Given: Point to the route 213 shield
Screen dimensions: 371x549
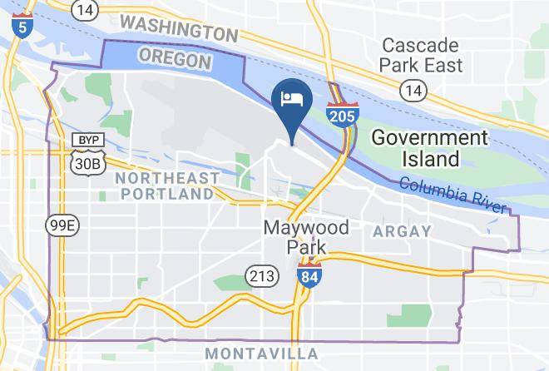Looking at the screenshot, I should (257, 275).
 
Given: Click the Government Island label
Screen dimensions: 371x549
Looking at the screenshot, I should (429, 147).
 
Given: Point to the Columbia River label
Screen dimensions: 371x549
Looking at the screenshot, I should (453, 196).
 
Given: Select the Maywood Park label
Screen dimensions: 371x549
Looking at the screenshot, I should (294, 237).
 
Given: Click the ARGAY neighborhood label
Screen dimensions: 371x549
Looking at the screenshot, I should (402, 230).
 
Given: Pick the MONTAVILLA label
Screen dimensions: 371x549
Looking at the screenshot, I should (261, 354).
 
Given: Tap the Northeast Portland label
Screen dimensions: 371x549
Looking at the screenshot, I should (167, 185).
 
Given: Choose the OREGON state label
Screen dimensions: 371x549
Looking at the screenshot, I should (174, 59).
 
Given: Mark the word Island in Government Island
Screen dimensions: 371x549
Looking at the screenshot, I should (427, 158).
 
